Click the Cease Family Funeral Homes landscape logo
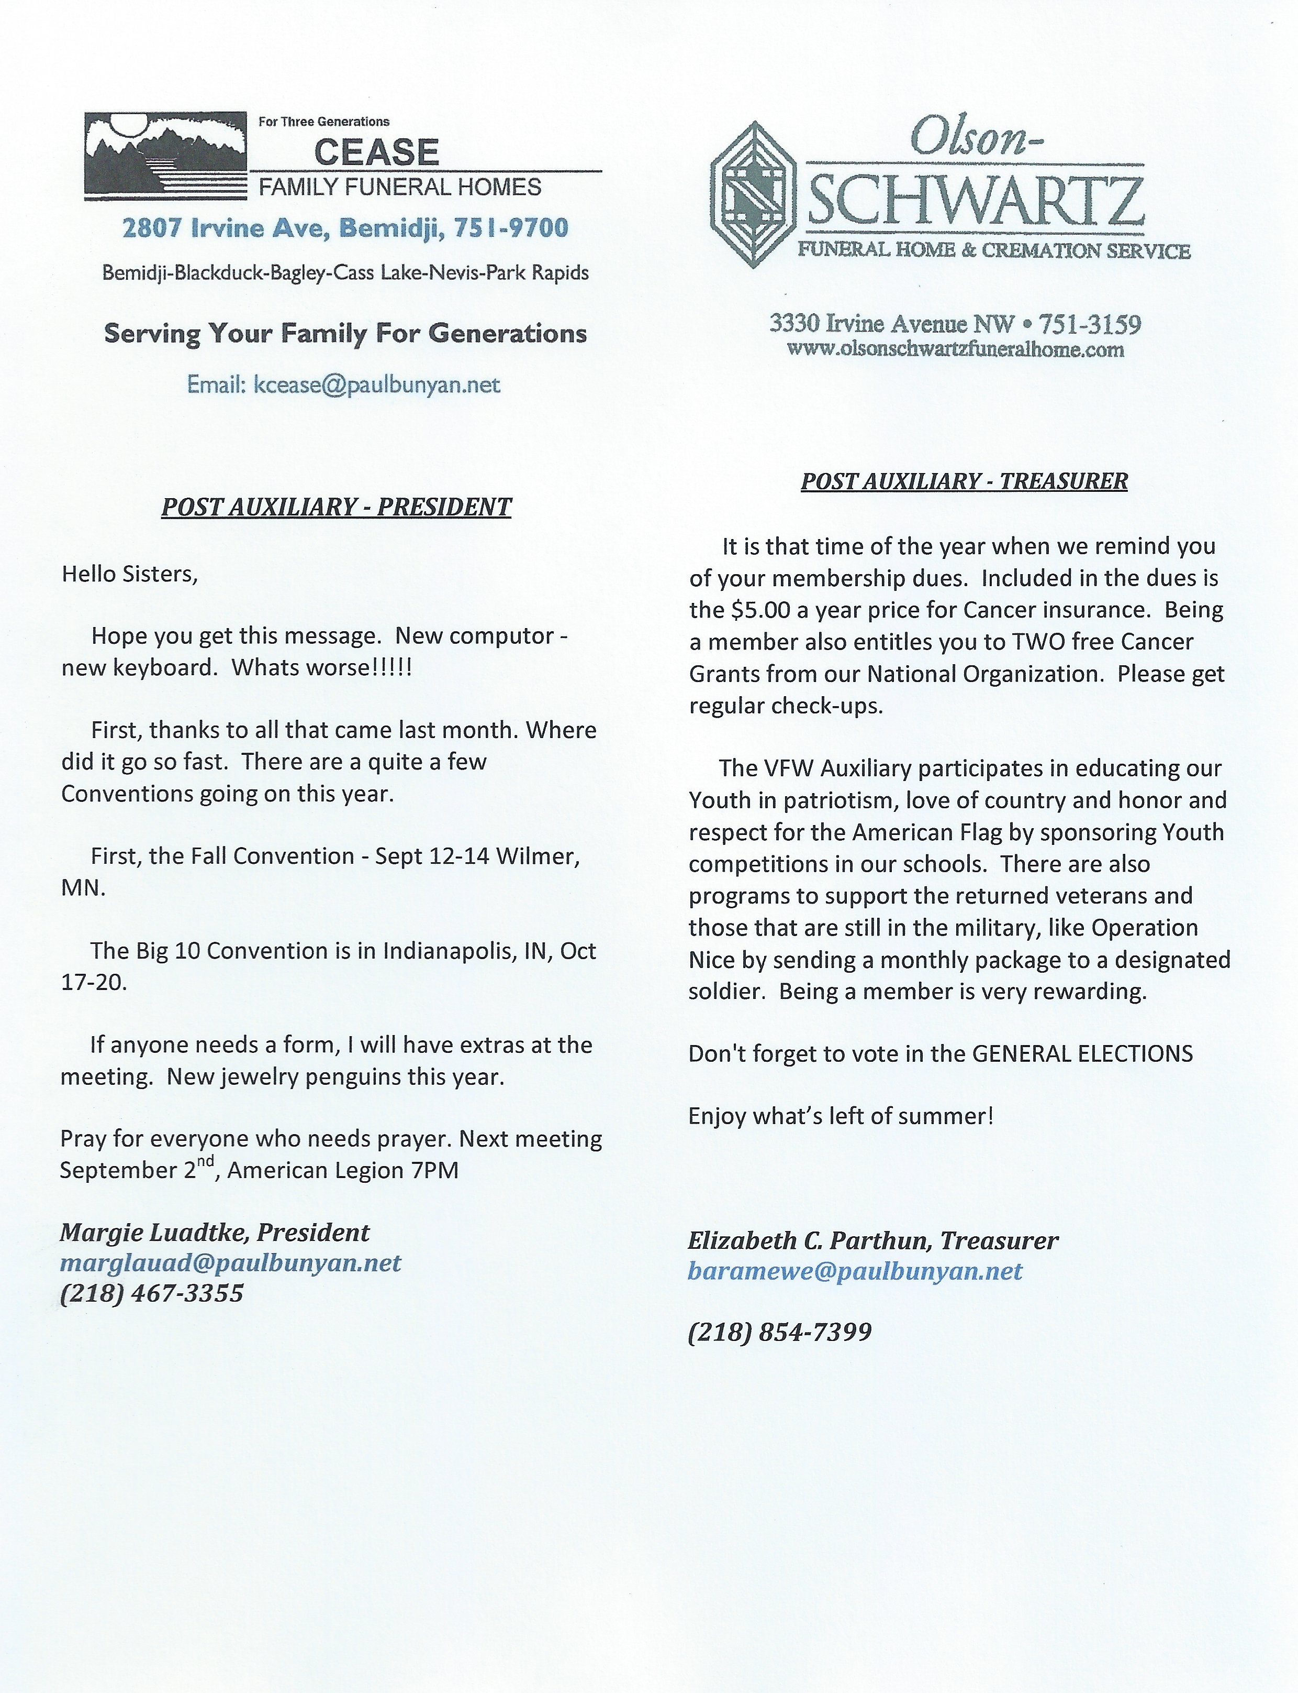coord(164,157)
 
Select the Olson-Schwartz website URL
coord(955,349)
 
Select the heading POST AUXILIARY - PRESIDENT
coord(336,507)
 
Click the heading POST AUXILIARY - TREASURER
coord(964,481)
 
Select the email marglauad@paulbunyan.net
coord(230,1263)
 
